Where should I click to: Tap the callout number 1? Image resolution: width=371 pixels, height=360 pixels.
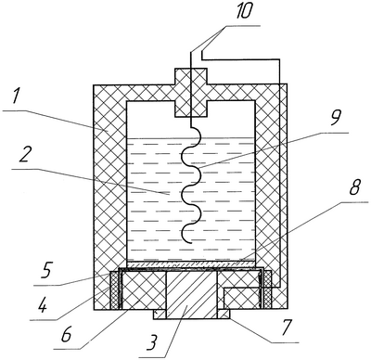(15, 97)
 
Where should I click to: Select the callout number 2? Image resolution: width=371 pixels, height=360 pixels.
(24, 157)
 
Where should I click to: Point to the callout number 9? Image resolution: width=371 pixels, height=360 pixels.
(335, 118)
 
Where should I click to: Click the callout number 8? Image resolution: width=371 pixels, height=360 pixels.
(354, 186)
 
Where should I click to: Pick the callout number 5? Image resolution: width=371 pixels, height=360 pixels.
(47, 271)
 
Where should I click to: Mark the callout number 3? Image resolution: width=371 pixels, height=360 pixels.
(151, 342)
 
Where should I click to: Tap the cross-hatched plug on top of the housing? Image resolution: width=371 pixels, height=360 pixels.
(190, 93)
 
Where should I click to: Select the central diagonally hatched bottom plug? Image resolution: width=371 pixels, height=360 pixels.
(192, 295)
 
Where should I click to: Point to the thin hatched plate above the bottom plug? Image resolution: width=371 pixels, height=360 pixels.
(191, 264)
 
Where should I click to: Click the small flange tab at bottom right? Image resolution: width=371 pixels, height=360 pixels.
(224, 314)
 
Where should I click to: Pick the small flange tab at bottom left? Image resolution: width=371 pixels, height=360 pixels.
(160, 315)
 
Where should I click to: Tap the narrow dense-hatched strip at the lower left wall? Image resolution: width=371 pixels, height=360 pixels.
(114, 289)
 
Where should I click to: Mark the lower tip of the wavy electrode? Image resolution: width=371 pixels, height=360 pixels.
(191, 243)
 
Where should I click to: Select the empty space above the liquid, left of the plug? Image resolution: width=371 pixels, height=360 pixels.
(150, 119)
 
